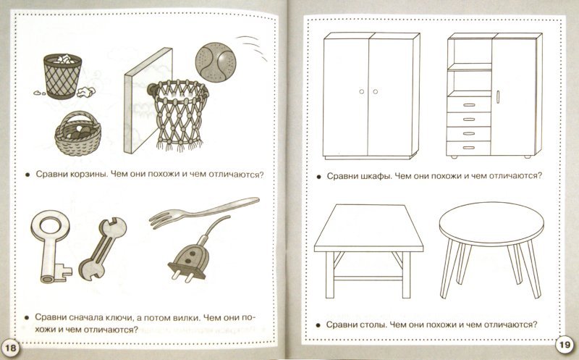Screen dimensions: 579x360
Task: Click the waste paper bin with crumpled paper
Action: coord(62,77)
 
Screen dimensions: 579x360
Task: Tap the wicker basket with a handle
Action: coord(78,134)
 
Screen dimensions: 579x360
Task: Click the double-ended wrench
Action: coord(102,248)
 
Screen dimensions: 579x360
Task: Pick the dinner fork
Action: coord(204,212)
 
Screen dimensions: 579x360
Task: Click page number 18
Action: coord(11,348)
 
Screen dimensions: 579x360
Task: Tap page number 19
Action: coord(565,346)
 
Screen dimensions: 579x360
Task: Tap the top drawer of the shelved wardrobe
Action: coord(468,104)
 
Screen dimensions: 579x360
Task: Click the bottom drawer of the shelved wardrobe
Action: coord(468,148)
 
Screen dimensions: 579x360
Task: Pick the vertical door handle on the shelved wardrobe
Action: coord(497,97)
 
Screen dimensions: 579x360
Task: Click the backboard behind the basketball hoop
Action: coord(148,100)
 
